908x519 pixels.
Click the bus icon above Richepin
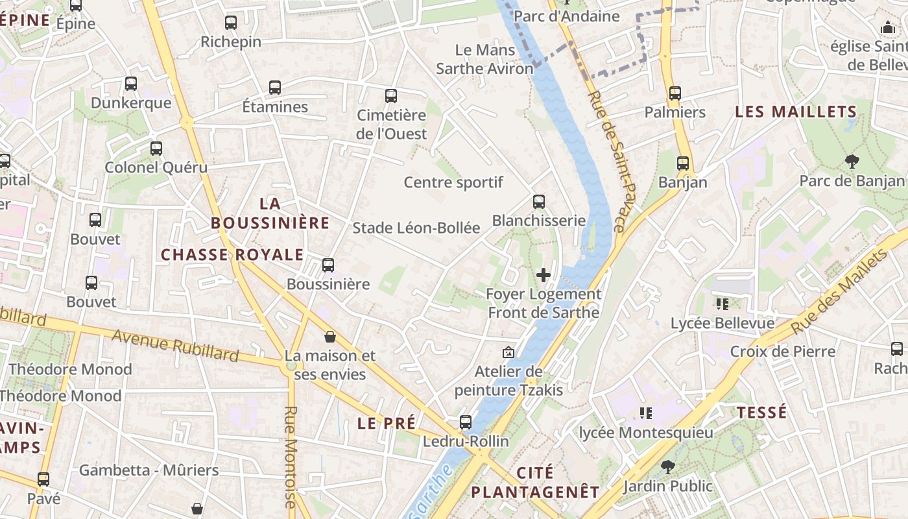(231, 23)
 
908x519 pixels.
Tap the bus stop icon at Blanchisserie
(538, 202)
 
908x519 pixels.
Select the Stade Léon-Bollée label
(416, 228)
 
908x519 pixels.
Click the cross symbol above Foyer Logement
(544, 275)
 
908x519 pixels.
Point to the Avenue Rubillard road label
(175, 345)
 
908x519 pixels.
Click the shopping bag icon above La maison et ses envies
(330, 337)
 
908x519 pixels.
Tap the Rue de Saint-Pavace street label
(606, 161)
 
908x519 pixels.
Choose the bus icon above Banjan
(683, 163)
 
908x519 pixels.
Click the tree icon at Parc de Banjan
(852, 162)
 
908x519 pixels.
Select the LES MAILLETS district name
(796, 112)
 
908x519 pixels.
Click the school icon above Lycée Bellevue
(722, 304)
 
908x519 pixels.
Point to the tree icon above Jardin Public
(667, 466)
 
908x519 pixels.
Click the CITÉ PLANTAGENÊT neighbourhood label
(535, 482)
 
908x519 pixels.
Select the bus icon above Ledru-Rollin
(466, 422)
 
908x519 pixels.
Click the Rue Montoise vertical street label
(290, 457)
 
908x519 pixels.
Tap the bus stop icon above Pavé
(43, 479)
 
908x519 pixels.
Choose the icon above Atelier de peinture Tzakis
(508, 353)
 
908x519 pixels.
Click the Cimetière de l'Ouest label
(392, 125)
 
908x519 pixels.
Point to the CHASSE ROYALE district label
(232, 254)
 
